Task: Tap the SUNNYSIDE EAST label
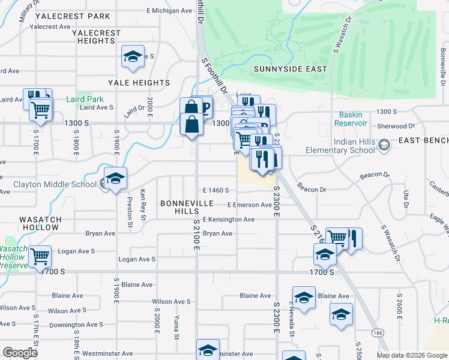pyautogui.click(x=291, y=69)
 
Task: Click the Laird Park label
pyautogui.click(x=85, y=99)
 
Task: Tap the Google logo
pyautogui.click(x=20, y=352)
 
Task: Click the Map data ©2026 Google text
pyautogui.click(x=411, y=355)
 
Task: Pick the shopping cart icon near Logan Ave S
pyautogui.click(x=40, y=256)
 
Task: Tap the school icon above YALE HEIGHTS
pyautogui.click(x=133, y=56)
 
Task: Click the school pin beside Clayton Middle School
pyautogui.click(x=115, y=178)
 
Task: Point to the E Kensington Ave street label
pyautogui.click(x=228, y=220)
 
